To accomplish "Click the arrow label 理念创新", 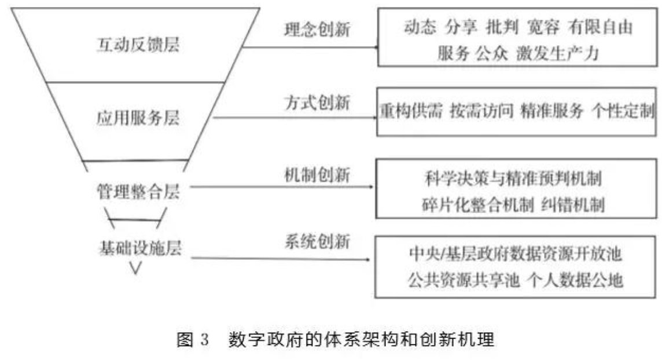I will (317, 30).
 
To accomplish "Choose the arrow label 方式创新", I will (317, 102).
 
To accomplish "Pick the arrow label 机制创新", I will (317, 174).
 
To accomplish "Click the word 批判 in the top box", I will (499, 27).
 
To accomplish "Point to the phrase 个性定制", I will (623, 112).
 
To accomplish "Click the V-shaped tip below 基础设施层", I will (137, 268).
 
